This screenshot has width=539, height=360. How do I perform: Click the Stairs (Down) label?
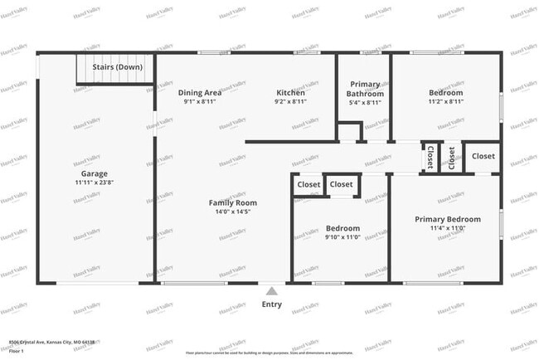pos(117,66)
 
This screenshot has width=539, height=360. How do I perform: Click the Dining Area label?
pos(200,92)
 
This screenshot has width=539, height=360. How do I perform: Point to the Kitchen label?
pos(291,92)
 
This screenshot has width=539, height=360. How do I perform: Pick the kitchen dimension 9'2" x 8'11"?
pos(291,101)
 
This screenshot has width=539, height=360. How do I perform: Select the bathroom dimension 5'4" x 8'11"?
pos(365,103)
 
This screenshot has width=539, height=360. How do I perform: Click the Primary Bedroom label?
pos(447,219)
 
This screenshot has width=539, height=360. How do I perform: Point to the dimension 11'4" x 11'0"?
pos(447,228)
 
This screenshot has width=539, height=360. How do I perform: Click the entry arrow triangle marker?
pos(271,291)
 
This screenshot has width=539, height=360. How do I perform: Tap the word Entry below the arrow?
pos(271,304)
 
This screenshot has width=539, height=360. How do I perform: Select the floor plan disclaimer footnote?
pos(269,351)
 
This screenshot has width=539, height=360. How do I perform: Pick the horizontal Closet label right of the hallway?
pos(483,156)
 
